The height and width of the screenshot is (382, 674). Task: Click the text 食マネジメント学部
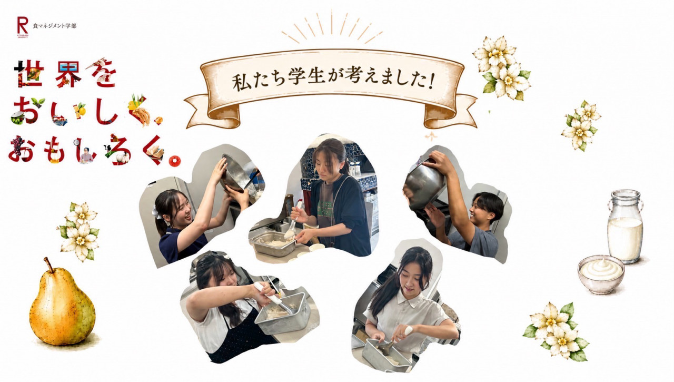[54, 26]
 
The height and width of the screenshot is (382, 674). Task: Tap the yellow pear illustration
[62, 305]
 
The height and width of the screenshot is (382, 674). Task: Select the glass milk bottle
[625, 227]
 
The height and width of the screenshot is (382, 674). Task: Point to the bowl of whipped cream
[601, 274]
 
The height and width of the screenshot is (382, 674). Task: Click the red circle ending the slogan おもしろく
[175, 161]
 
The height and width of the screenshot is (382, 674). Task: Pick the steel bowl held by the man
[424, 186]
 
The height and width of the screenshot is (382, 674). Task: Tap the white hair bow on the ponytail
[156, 213]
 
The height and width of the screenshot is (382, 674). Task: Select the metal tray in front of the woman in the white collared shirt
[386, 356]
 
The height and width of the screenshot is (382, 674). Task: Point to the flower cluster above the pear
[79, 231]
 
